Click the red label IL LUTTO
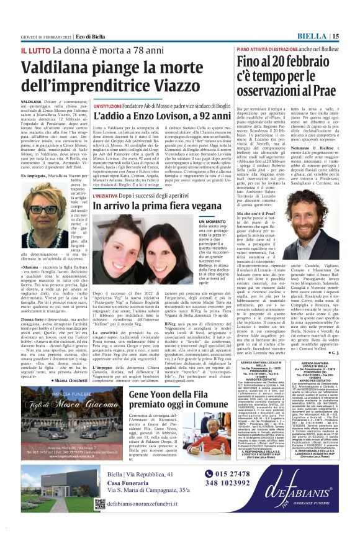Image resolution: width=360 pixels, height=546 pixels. [x=35, y=49]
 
